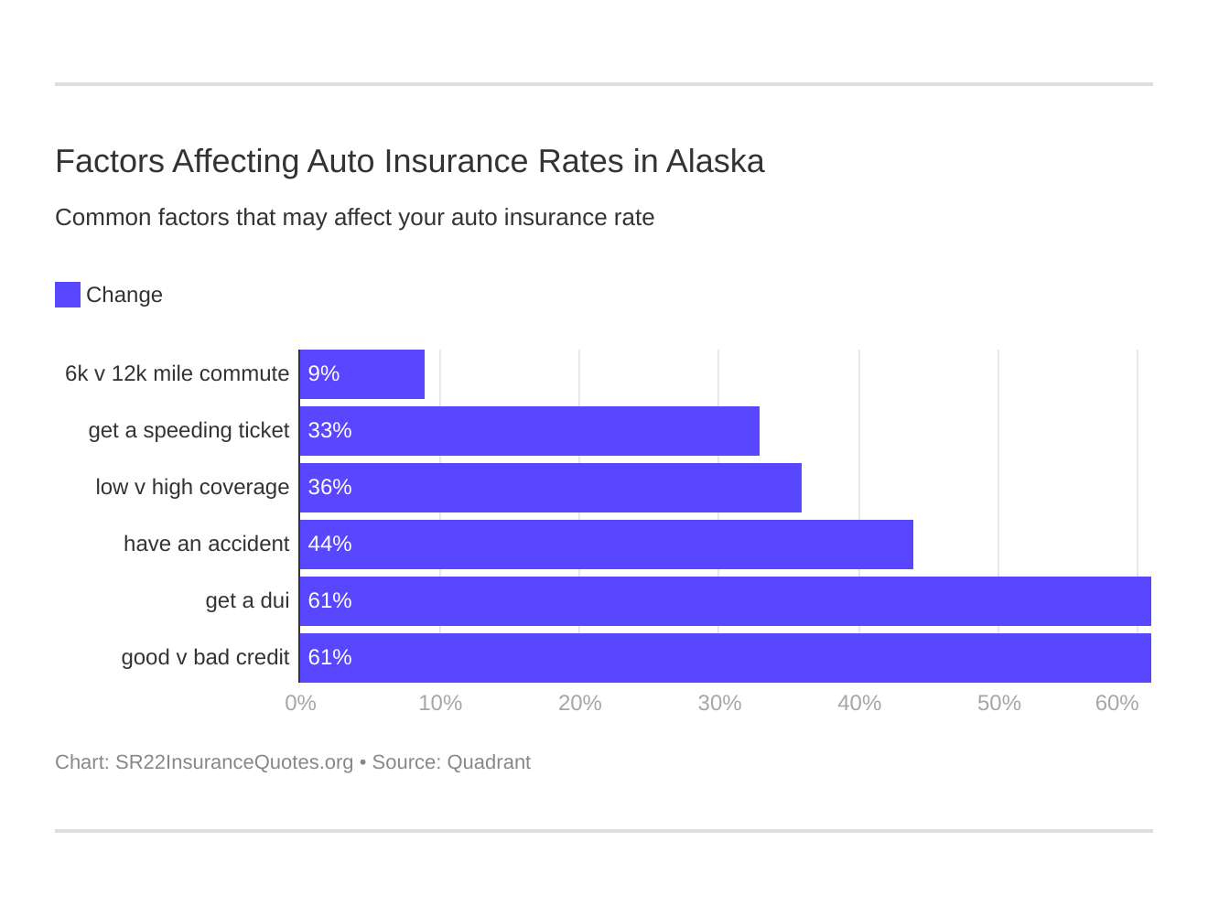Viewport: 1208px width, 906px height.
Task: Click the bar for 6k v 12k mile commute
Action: tap(362, 374)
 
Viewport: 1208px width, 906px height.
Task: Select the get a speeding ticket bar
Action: tap(529, 431)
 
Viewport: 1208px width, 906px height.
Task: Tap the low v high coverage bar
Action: tap(550, 488)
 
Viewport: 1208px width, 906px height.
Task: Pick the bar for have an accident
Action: tap(606, 545)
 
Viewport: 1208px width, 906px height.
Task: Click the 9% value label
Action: tap(324, 374)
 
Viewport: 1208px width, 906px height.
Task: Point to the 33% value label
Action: tap(329, 431)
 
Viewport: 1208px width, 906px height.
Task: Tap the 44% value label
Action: tap(329, 545)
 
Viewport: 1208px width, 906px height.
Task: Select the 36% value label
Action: tap(329, 488)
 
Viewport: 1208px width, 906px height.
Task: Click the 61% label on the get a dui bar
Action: tap(329, 601)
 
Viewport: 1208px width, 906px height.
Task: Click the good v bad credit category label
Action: tap(205, 658)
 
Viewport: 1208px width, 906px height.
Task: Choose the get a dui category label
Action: tap(247, 601)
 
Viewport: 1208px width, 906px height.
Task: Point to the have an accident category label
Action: tap(206, 545)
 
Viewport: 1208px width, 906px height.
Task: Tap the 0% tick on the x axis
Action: tap(300, 704)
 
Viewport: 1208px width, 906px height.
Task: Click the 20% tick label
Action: tap(580, 704)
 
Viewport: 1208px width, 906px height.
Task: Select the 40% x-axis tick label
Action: tap(859, 704)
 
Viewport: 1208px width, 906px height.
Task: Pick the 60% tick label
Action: tap(1116, 704)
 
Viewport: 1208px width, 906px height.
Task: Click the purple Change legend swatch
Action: tap(68, 295)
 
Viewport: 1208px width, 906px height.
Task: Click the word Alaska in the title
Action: tap(715, 162)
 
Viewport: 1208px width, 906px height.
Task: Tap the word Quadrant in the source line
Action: tap(489, 762)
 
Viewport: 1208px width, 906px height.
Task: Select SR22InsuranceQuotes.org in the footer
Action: tap(234, 762)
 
